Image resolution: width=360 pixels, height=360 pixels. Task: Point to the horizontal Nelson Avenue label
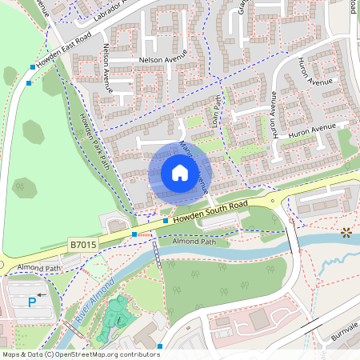[163, 58]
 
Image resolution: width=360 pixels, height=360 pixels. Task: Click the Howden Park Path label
[93, 140]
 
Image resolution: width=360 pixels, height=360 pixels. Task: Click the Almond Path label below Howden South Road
[194, 240]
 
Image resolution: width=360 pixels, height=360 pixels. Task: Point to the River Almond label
[86, 306]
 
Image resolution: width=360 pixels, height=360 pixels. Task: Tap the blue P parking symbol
[32, 302]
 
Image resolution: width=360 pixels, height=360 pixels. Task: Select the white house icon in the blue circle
[180, 173]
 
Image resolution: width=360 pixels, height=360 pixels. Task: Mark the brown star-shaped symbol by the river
[346, 233]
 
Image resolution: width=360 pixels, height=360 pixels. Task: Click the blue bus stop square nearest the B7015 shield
[134, 234]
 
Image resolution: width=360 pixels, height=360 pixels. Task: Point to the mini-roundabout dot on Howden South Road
[272, 202]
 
